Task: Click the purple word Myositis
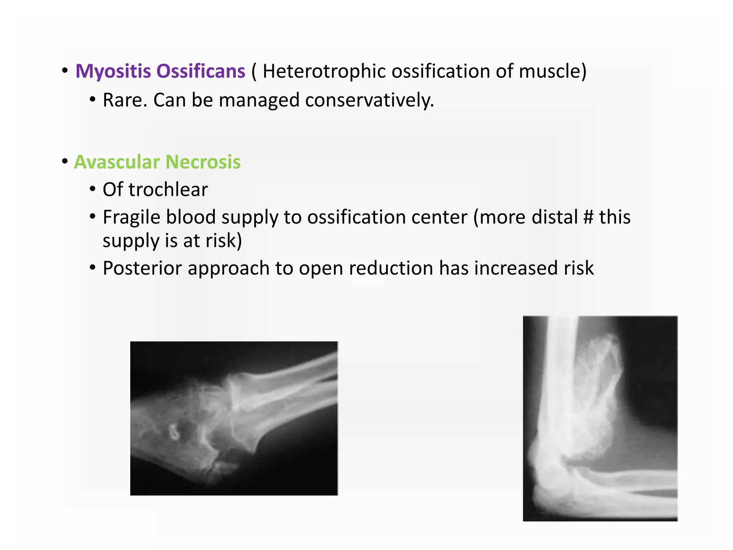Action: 113,71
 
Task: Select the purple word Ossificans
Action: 201,71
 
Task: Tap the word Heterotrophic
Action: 324,71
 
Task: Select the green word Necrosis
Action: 203,162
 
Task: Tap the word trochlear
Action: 168,189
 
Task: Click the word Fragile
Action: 131,217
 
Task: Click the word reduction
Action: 391,268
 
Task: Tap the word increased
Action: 516,268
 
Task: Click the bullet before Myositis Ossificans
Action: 65,71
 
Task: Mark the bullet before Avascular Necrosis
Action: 65,161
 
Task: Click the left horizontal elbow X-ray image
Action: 234,418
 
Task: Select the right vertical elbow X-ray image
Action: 600,418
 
